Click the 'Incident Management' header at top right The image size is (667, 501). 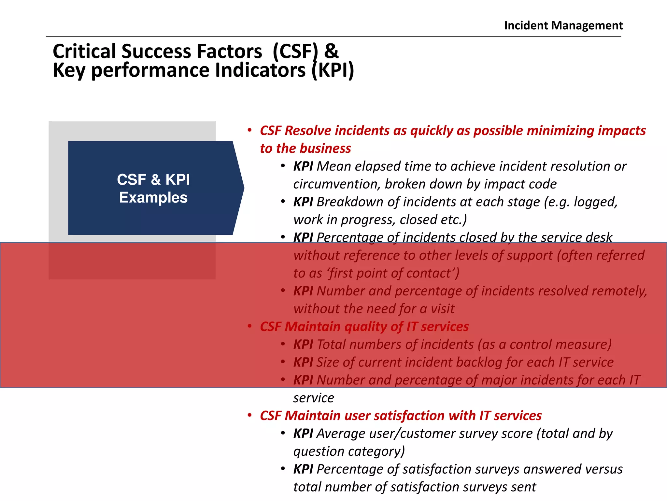(563, 25)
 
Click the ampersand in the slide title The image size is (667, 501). (331, 52)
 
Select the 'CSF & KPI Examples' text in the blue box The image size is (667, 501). (153, 189)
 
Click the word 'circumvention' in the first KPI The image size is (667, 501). (336, 184)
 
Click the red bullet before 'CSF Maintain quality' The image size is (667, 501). (250, 326)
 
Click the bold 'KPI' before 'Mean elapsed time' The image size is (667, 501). (303, 166)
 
